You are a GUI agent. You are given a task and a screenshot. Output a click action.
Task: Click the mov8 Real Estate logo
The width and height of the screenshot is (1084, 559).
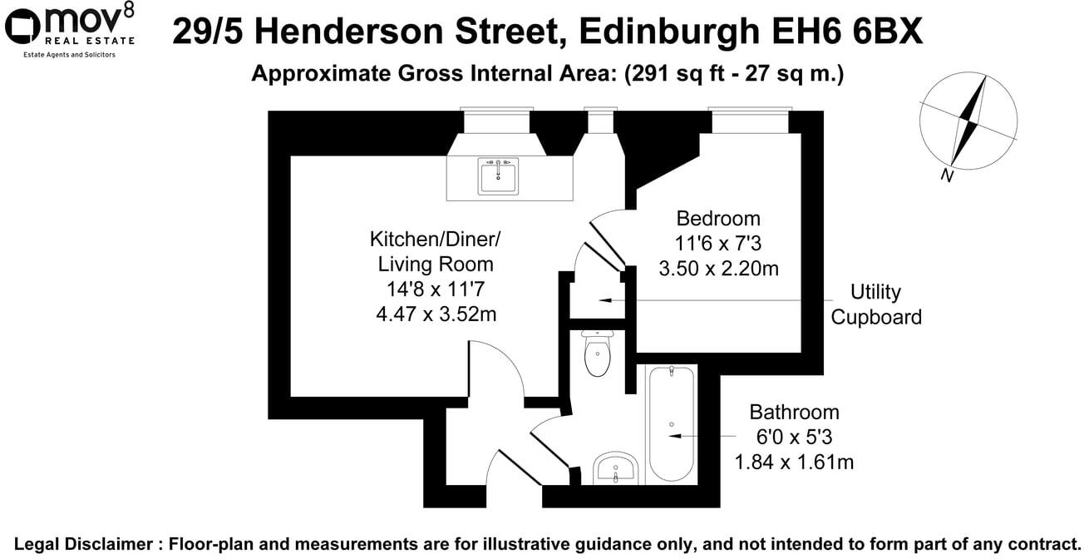coord(70,30)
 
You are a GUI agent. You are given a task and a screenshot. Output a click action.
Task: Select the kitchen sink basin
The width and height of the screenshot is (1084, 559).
coord(498,176)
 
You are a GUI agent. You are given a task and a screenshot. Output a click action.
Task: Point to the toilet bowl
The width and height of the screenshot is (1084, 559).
coord(598,359)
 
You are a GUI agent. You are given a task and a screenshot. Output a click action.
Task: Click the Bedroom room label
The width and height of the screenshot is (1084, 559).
coord(718,219)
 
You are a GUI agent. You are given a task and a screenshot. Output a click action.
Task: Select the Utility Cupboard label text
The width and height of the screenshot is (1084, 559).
coord(876,304)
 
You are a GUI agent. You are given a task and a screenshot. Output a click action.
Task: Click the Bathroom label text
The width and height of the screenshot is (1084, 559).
coord(794,412)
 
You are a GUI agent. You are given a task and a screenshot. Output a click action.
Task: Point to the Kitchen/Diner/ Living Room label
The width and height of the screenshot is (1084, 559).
coord(436,252)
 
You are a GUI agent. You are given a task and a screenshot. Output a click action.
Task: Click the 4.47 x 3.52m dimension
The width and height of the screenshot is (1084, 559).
coord(436,314)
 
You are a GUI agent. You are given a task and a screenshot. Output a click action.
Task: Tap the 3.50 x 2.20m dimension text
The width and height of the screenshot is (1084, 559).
coord(718,269)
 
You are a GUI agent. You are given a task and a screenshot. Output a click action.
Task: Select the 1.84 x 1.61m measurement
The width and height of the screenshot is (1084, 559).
coord(793,462)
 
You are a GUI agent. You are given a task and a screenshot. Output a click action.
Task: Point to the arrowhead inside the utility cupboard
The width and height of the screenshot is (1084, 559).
coord(604,299)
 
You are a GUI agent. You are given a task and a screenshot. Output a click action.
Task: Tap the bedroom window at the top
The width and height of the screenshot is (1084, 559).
coord(749,122)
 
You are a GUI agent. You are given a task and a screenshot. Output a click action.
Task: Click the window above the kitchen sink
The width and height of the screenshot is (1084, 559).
coord(497,122)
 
